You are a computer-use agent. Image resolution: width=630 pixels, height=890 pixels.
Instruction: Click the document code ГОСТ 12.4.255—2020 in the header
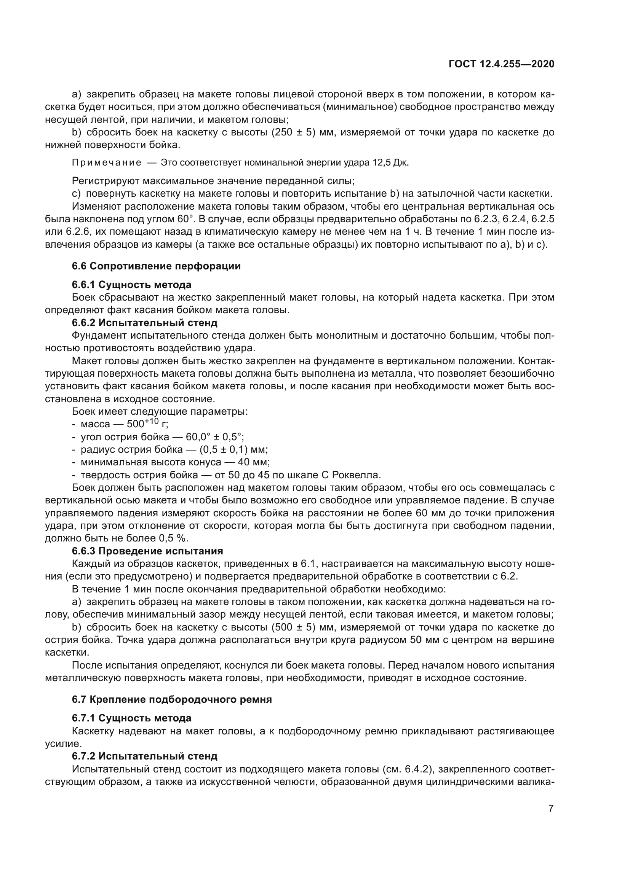[501, 64]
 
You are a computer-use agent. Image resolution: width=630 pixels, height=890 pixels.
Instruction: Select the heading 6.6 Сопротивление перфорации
[156, 266]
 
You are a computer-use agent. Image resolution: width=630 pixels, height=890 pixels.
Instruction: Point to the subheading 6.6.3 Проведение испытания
[147, 551]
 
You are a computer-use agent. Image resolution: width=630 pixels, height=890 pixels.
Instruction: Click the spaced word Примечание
[107, 162]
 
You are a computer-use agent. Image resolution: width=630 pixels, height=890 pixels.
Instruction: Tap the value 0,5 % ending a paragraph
[173, 538]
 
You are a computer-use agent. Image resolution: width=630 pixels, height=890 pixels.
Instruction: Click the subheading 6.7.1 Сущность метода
[131, 718]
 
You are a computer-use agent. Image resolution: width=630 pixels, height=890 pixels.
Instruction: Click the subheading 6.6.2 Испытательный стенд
[144, 323]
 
